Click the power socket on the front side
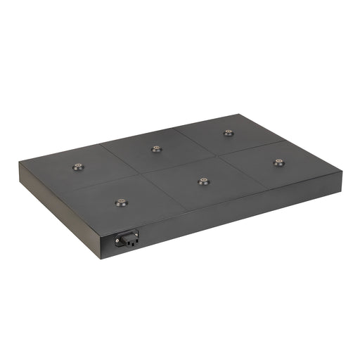coord(127,239)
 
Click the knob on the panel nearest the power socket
coord(121,202)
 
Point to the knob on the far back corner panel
coord(228,132)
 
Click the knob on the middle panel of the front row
coord(203,181)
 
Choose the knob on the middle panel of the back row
coord(156,148)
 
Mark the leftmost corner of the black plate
coord(20,163)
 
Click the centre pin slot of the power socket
coord(127,239)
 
